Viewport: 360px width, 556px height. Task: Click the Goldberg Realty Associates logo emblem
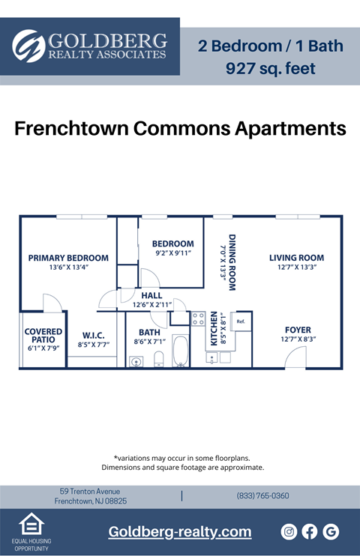click(x=29, y=46)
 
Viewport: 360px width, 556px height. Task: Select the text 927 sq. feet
click(x=271, y=69)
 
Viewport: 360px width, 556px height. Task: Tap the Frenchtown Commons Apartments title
click(x=180, y=128)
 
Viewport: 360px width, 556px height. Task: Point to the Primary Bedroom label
click(x=68, y=258)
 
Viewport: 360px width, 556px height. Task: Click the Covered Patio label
click(x=43, y=335)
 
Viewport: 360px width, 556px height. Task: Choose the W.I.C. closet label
click(x=93, y=335)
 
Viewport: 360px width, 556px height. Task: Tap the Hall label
click(x=151, y=295)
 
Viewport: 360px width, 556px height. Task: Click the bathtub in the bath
click(x=181, y=351)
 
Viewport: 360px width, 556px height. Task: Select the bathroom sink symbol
click(x=136, y=361)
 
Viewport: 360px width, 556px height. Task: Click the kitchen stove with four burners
click(x=198, y=318)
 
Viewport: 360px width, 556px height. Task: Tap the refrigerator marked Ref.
click(x=241, y=321)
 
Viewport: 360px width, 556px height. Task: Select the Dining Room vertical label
click(x=232, y=259)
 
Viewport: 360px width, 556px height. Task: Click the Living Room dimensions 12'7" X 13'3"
click(x=296, y=267)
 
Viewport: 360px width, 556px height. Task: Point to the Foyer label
click(x=298, y=330)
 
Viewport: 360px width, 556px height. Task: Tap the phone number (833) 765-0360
click(x=262, y=496)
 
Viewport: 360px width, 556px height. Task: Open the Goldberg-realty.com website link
click(x=180, y=531)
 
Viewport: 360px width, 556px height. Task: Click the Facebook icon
click(x=310, y=531)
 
